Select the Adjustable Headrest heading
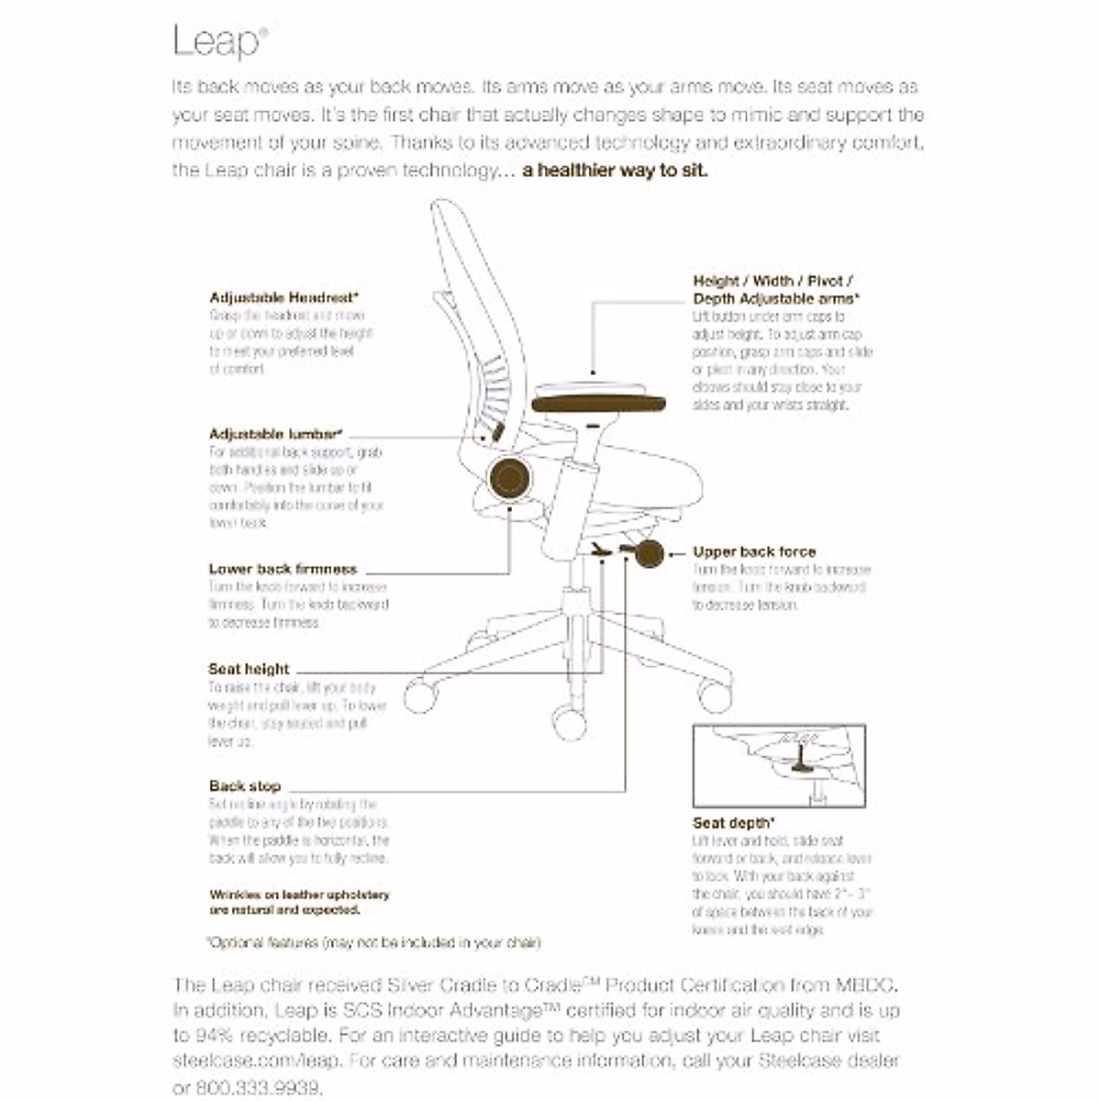point(284,297)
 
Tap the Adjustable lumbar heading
point(275,434)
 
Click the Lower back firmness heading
point(283,569)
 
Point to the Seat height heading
point(249,669)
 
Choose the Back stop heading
point(245,786)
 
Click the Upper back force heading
point(754,551)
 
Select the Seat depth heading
point(733,823)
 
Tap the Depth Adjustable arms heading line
point(776,299)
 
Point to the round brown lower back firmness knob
point(510,479)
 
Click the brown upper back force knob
point(647,554)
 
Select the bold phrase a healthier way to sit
point(615,171)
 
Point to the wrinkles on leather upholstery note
point(299,903)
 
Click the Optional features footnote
point(373,942)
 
